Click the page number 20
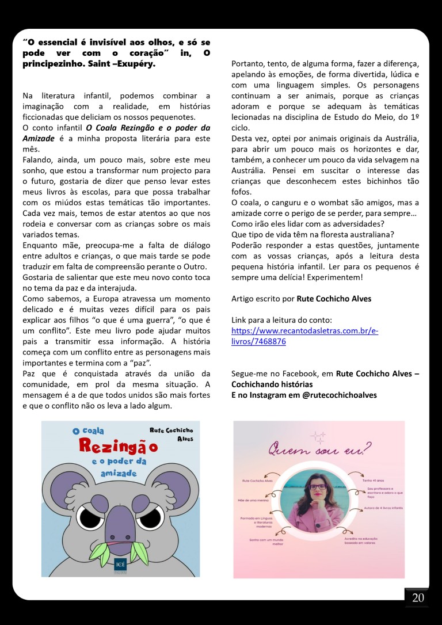[x=418, y=598]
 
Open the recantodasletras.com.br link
[x=304, y=336]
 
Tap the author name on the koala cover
[x=171, y=435]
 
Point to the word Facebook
[x=295, y=373]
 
